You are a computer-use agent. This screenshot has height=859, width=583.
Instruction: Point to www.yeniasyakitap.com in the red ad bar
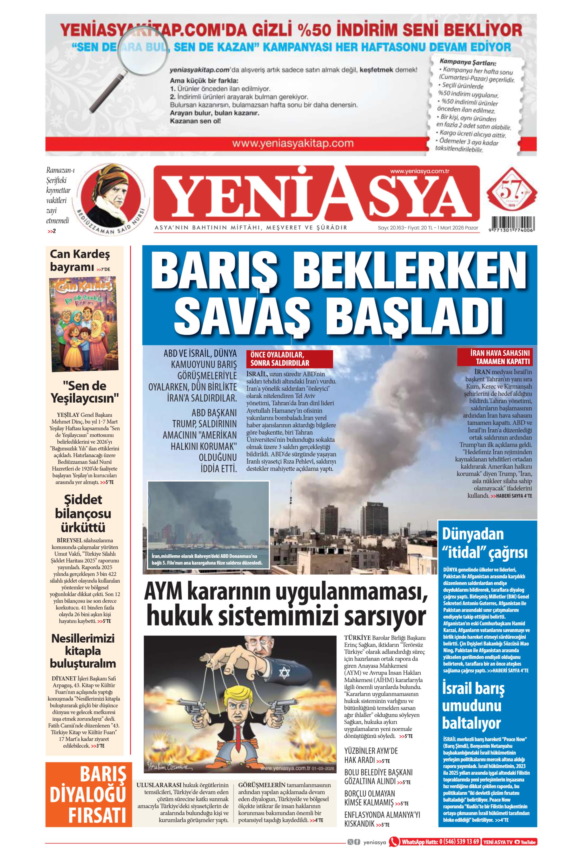click(x=293, y=143)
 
